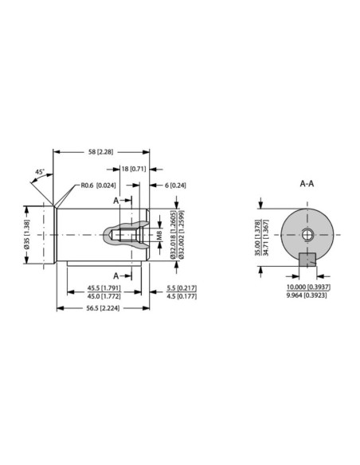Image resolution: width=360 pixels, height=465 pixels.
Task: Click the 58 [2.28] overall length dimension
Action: [103, 151]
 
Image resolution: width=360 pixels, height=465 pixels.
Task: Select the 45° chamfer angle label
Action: [39, 171]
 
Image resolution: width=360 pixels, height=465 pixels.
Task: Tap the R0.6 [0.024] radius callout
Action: [97, 186]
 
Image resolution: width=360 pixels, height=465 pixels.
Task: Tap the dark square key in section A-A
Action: [307, 259]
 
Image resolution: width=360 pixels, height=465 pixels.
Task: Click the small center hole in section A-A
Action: [307, 234]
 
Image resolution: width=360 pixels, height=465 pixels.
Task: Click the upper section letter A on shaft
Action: [116, 201]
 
